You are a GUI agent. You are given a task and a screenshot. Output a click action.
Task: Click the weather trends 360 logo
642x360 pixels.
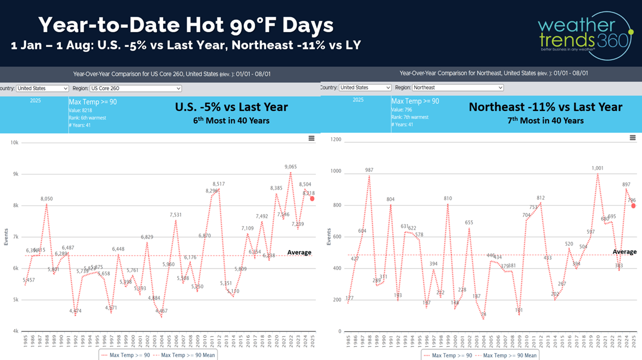point(584,35)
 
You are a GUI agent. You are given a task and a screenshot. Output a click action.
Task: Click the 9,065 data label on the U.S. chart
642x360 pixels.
point(290,167)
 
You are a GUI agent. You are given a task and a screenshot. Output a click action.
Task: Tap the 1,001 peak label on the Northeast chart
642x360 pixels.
point(597,169)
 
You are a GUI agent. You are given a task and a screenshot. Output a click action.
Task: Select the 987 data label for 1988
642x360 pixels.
point(370,170)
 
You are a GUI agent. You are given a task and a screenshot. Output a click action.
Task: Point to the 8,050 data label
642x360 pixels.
point(47,199)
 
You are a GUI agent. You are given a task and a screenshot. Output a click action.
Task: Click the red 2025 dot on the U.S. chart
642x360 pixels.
point(312,199)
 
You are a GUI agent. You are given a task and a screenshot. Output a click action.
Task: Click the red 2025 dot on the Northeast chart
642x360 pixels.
point(634,206)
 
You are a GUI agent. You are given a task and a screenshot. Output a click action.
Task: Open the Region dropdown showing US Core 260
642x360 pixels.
point(136,88)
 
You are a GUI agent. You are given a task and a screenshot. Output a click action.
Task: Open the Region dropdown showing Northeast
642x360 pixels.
point(457,88)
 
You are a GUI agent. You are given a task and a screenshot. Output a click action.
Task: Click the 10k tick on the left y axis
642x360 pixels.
point(15,142)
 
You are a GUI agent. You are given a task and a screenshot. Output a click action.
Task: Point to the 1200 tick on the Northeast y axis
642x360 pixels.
point(335,140)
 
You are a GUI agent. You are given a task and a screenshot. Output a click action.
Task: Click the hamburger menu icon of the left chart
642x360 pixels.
point(311,138)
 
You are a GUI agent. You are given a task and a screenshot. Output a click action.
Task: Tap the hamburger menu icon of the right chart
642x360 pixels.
point(633,138)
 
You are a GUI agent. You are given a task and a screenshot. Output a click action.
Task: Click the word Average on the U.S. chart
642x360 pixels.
point(299,253)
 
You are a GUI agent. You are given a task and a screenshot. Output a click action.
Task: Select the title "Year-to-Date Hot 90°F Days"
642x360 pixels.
point(186,25)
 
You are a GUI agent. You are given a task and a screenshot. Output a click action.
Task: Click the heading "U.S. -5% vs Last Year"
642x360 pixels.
point(231,107)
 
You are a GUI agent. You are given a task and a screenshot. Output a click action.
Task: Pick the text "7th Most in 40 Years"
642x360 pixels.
point(545,121)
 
